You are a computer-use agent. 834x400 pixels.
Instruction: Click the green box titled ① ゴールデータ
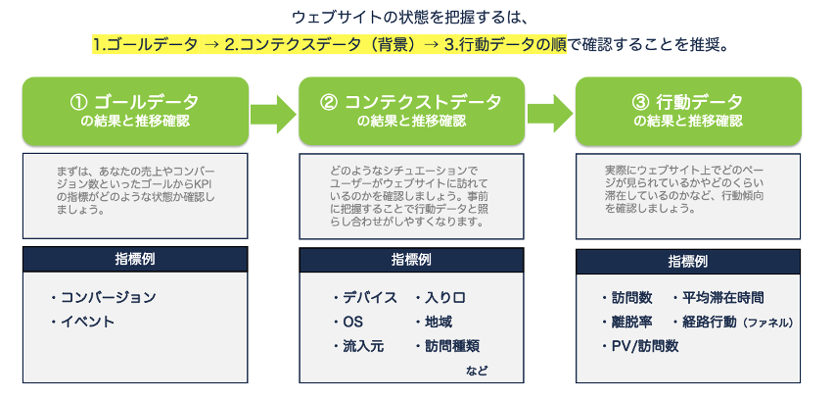click(x=135, y=112)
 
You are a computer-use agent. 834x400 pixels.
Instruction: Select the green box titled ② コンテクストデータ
click(x=412, y=112)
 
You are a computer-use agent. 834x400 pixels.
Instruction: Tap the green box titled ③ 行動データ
click(x=688, y=112)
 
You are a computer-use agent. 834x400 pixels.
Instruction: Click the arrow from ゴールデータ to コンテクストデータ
click(x=273, y=113)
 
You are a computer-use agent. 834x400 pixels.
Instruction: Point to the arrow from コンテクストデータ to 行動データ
click(x=550, y=113)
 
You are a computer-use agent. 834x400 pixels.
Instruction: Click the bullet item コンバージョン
click(x=104, y=297)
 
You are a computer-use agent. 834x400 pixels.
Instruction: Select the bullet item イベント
click(x=83, y=322)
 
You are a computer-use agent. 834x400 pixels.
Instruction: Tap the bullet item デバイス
click(x=365, y=298)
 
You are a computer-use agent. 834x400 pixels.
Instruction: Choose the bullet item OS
click(x=348, y=323)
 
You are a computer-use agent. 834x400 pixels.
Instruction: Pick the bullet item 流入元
click(x=359, y=347)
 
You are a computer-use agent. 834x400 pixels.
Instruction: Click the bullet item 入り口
click(x=440, y=298)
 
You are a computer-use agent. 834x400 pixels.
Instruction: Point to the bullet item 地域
click(x=434, y=323)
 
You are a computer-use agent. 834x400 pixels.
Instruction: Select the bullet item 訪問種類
click(x=447, y=347)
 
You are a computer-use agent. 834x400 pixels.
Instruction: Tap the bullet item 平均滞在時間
click(x=718, y=297)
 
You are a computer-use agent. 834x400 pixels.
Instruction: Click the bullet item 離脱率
click(x=627, y=322)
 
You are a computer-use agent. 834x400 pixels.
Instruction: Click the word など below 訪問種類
click(x=477, y=371)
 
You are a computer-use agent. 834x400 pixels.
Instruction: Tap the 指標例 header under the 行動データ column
click(x=688, y=262)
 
